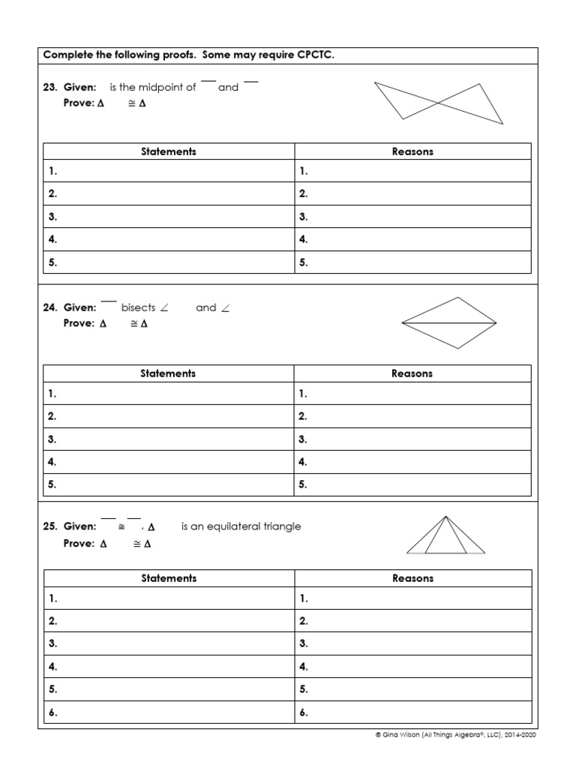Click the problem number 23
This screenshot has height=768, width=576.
(50, 87)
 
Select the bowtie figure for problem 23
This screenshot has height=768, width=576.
(439, 103)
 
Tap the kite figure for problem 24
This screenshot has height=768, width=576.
(449, 322)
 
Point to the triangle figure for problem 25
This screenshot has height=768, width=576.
(446, 535)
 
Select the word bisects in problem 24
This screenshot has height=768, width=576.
(138, 307)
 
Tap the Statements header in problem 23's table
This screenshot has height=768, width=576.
(169, 151)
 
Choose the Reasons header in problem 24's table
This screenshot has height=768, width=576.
(412, 373)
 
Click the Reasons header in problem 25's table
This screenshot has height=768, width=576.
(412, 578)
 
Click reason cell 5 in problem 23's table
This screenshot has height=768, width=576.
(412, 262)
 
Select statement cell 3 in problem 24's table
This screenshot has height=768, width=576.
(169, 439)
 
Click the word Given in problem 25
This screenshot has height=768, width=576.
(79, 526)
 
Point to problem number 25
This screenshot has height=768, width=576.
(50, 526)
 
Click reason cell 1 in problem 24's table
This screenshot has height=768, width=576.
(412, 393)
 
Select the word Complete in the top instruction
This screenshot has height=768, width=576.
(66, 55)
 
